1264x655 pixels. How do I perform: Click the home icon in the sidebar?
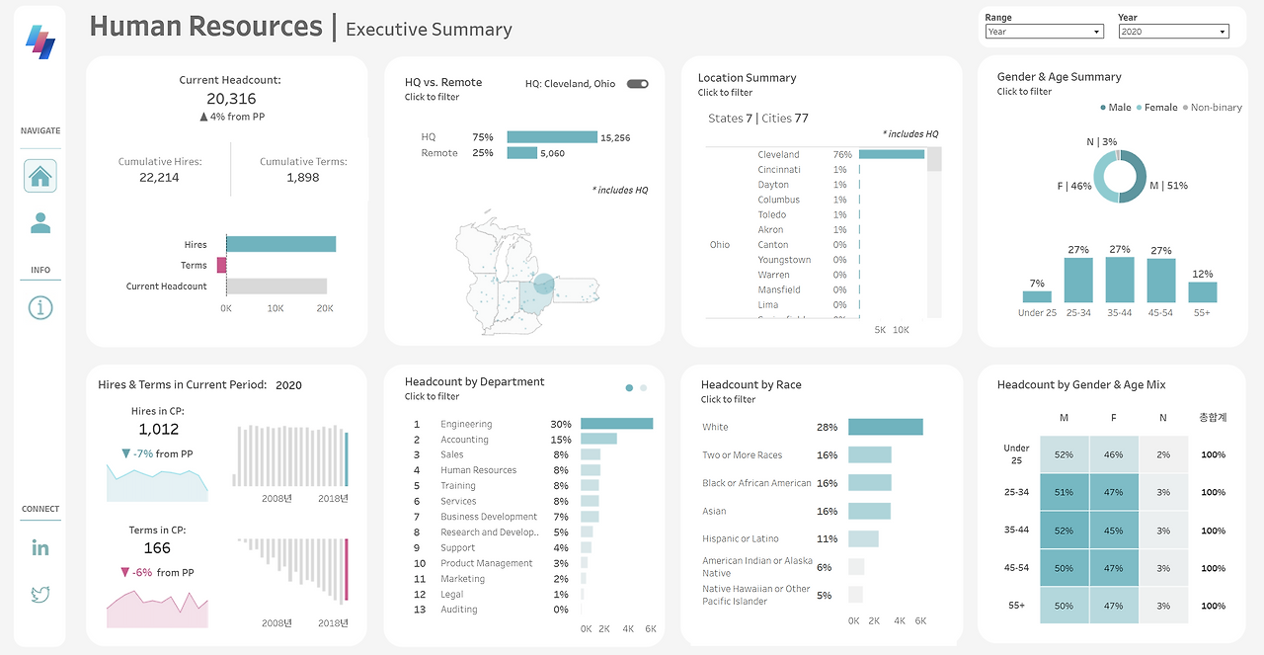(x=40, y=176)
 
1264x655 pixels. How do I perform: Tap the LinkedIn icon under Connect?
(x=40, y=547)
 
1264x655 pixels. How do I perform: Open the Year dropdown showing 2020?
(x=1173, y=32)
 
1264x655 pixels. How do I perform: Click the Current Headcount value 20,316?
(x=231, y=99)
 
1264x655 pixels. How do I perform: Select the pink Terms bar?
(x=222, y=265)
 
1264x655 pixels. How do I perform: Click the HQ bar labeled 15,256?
(x=552, y=137)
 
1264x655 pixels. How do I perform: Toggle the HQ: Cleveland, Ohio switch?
(x=638, y=84)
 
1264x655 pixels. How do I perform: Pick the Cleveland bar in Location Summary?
(x=892, y=154)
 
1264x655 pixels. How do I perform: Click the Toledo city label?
(x=772, y=214)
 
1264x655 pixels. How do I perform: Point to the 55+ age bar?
(x=1202, y=292)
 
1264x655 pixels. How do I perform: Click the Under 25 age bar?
(x=1037, y=296)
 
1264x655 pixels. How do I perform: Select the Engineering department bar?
(x=616, y=424)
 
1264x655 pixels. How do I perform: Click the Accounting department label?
(x=464, y=440)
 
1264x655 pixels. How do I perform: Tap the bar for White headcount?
(x=885, y=427)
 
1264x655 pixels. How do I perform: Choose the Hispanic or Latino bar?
(x=863, y=538)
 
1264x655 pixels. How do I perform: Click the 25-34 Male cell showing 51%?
(x=1064, y=492)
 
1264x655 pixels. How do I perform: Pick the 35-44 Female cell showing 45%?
(x=1114, y=530)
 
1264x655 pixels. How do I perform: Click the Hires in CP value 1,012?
(x=159, y=430)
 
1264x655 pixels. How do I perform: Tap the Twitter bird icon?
(x=40, y=594)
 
